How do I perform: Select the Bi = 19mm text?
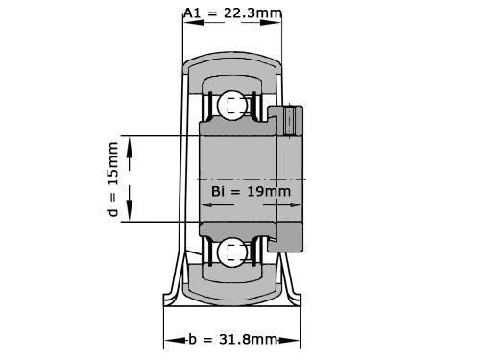pos(250,192)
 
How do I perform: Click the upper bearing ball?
pos(231,105)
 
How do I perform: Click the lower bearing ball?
pos(231,252)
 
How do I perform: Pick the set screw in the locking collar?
pos(291,122)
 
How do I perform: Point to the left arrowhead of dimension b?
pos(168,340)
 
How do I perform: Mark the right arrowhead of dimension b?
pos(295,340)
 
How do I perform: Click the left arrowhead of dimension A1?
pos(185,12)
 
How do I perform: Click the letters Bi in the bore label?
pos(217,192)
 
